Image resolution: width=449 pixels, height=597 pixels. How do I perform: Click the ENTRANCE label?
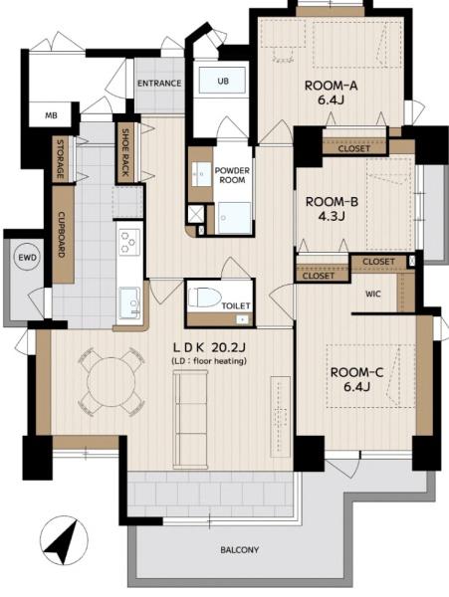(159, 83)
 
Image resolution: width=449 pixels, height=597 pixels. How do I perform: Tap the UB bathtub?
(222, 81)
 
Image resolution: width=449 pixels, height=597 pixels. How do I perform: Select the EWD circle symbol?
(28, 258)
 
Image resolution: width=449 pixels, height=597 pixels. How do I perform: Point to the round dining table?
(112, 382)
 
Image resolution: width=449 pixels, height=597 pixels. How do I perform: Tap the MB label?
(51, 114)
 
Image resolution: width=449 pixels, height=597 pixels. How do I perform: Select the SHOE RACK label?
(125, 152)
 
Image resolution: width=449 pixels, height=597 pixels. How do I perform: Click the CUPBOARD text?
(62, 235)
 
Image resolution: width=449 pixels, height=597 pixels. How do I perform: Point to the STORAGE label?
(60, 159)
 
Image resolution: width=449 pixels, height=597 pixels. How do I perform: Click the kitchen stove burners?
(128, 242)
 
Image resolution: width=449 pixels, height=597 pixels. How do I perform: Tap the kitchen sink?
(129, 303)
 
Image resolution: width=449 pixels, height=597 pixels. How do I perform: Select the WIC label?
(373, 294)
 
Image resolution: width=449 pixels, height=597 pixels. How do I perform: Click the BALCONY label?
(240, 550)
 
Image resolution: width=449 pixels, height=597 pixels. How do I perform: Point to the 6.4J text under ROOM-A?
(331, 100)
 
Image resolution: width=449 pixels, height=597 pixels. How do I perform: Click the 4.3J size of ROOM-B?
(332, 216)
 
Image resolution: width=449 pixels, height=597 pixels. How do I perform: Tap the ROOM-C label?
(356, 372)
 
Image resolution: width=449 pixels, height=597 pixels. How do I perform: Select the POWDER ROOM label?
(232, 175)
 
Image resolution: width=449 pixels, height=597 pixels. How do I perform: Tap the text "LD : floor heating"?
(209, 361)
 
